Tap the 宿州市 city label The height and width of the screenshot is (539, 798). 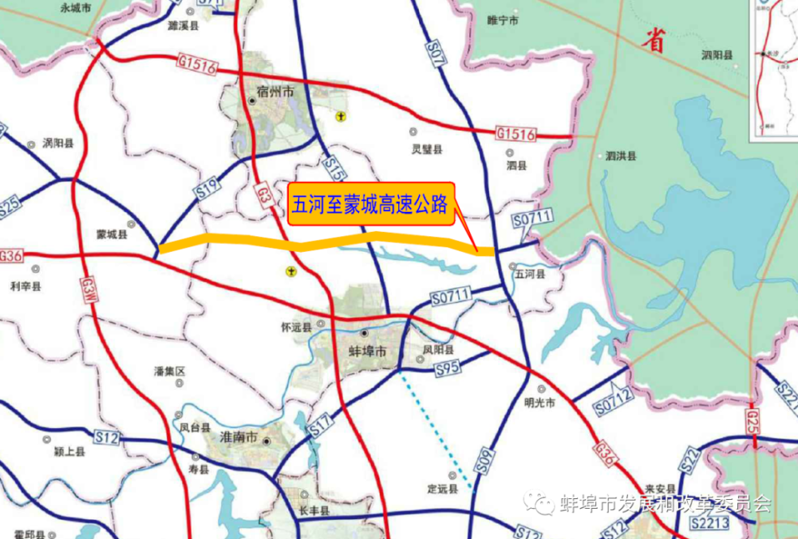click(x=275, y=92)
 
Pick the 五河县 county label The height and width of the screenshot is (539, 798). click(x=529, y=274)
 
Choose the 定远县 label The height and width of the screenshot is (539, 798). click(x=442, y=487)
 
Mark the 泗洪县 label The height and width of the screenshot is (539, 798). click(x=620, y=157)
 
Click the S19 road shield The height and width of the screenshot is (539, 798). click(x=207, y=188)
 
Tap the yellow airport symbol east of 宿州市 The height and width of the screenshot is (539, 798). click(x=341, y=117)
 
